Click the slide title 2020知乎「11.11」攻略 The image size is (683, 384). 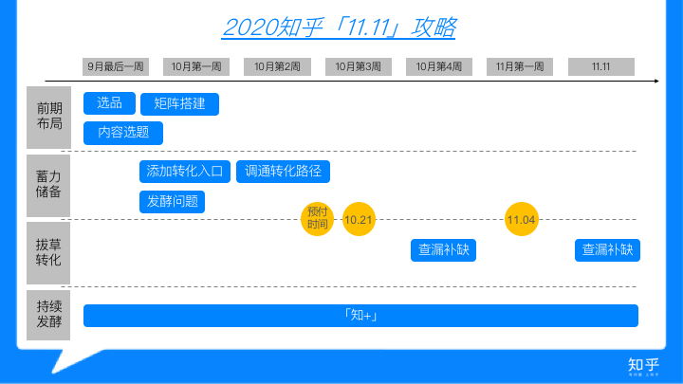[x=339, y=27]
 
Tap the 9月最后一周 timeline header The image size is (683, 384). [x=116, y=66]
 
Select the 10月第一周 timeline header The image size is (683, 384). [x=196, y=66]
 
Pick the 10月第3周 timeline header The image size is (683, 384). [x=359, y=66]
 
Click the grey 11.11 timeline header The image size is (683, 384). [x=600, y=66]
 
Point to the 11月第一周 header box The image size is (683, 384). [x=520, y=66]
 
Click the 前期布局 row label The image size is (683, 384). [x=49, y=117]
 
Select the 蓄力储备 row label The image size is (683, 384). [x=49, y=184]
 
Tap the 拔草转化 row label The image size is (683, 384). [x=49, y=252]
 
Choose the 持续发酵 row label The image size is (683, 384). [x=49, y=315]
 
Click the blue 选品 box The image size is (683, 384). [x=109, y=103]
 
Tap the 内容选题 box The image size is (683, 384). [x=123, y=133]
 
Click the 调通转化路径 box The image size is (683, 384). [x=283, y=172]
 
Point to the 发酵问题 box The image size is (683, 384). [x=172, y=201]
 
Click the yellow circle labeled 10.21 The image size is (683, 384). [x=360, y=220]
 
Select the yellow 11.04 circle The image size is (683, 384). [x=521, y=220]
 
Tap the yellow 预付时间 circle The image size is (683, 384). [x=318, y=218]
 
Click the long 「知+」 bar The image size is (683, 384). [x=360, y=316]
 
